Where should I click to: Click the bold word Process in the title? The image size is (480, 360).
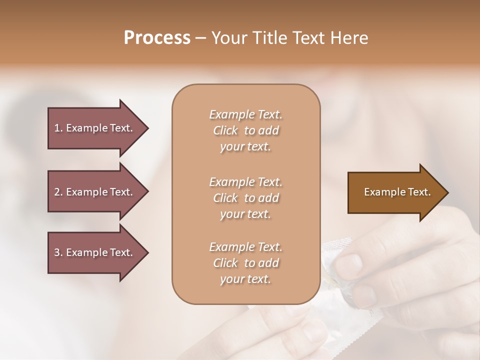(x=157, y=38)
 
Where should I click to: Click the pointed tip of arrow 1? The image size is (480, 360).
(x=146, y=128)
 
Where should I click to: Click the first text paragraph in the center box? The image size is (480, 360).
(x=245, y=130)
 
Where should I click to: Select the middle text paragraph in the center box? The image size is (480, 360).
(x=245, y=198)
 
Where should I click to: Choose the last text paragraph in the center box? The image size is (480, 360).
(x=245, y=263)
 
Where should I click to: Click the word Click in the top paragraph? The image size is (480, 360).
(x=225, y=130)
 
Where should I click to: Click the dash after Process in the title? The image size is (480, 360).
(x=200, y=38)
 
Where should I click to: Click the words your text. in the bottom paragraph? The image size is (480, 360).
(x=245, y=279)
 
